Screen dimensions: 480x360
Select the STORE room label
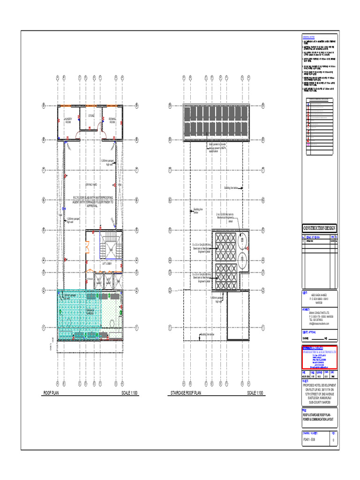click(x=91, y=115)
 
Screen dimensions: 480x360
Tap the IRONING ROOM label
click(x=112, y=120)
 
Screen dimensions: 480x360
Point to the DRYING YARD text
click(x=91, y=185)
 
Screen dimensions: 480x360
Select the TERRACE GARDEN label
click(x=89, y=312)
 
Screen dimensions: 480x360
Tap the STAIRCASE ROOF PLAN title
click(x=186, y=393)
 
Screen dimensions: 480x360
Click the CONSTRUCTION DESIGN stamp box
click(x=319, y=228)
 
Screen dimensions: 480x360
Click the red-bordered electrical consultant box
click(x=319, y=357)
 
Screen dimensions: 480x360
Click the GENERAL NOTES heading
click(x=308, y=37)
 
